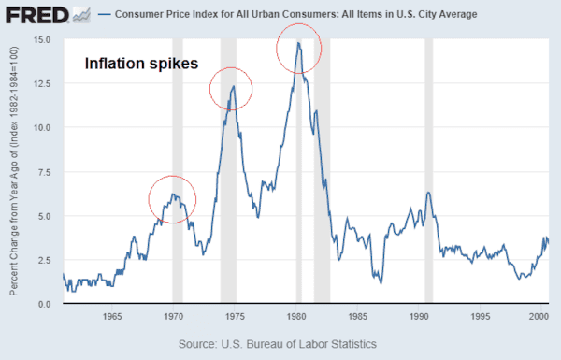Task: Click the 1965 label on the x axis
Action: pos(110,317)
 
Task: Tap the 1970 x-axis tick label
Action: pos(173,317)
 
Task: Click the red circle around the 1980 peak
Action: pos(299,51)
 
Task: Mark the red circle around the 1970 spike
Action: pos(172,198)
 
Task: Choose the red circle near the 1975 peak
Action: pos(231,89)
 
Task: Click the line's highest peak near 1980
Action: pos(298,42)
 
